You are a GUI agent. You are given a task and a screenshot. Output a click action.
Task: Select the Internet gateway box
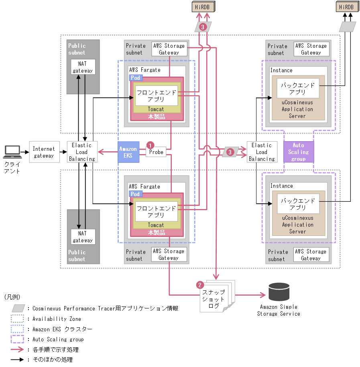pos(43,152)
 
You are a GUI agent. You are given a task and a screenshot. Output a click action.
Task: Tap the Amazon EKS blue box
pos(128,152)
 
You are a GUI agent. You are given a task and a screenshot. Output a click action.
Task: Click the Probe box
pos(156,152)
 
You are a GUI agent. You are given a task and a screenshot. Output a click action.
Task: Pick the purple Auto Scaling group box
pos(298,152)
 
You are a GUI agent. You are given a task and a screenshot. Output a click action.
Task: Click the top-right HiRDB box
pos(346,7)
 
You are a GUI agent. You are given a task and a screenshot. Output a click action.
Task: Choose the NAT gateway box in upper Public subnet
pos(83,67)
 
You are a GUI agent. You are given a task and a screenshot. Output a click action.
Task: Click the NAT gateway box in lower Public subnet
pos(83,237)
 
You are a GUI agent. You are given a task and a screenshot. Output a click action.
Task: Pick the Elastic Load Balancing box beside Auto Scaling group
pos(261,152)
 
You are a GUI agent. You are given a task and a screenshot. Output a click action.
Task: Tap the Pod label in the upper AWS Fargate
pos(135,78)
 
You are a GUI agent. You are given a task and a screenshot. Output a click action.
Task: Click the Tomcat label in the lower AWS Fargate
pos(156,225)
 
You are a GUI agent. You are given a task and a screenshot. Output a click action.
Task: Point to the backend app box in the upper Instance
pos(298,88)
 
